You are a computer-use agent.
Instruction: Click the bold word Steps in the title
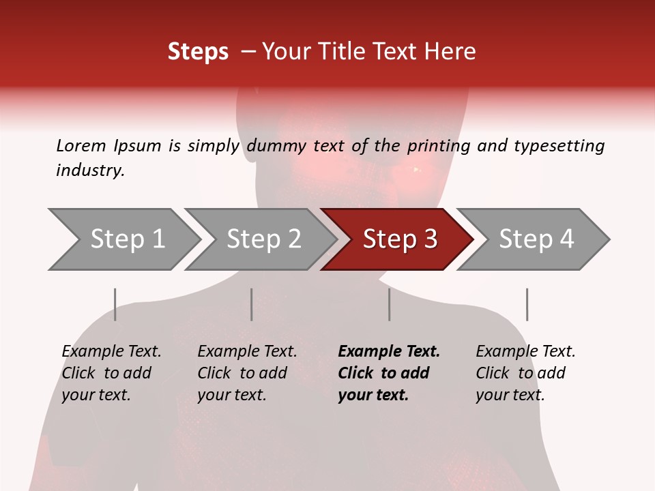click(x=198, y=52)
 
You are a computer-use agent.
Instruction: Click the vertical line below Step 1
click(x=115, y=304)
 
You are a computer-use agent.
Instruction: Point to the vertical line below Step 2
click(x=252, y=304)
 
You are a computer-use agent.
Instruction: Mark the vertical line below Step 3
click(x=390, y=304)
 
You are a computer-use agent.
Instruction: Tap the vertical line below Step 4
click(x=527, y=304)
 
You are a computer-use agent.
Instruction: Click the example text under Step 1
click(x=111, y=373)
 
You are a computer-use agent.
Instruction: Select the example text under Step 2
click(x=247, y=373)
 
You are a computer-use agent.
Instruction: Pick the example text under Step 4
click(x=525, y=373)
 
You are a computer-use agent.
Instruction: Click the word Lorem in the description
click(x=81, y=145)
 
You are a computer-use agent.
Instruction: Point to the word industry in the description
click(x=90, y=170)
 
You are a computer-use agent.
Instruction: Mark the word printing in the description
click(x=440, y=146)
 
